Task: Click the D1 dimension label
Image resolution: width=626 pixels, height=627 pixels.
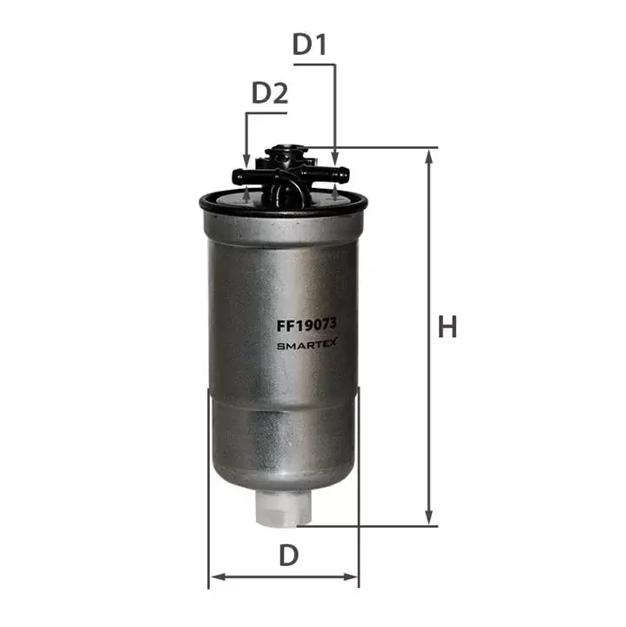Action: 310,44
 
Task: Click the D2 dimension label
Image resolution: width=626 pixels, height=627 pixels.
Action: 270,93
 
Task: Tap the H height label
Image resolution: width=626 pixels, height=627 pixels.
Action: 448,327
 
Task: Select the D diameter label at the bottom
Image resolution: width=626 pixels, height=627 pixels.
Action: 288,555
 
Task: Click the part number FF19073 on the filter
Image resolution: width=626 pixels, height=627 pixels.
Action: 307,325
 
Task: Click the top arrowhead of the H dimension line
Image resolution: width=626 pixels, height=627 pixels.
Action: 429,157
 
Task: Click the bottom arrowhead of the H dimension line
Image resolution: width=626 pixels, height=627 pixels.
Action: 429,517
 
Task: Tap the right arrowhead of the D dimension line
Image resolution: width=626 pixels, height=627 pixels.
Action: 350,576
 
